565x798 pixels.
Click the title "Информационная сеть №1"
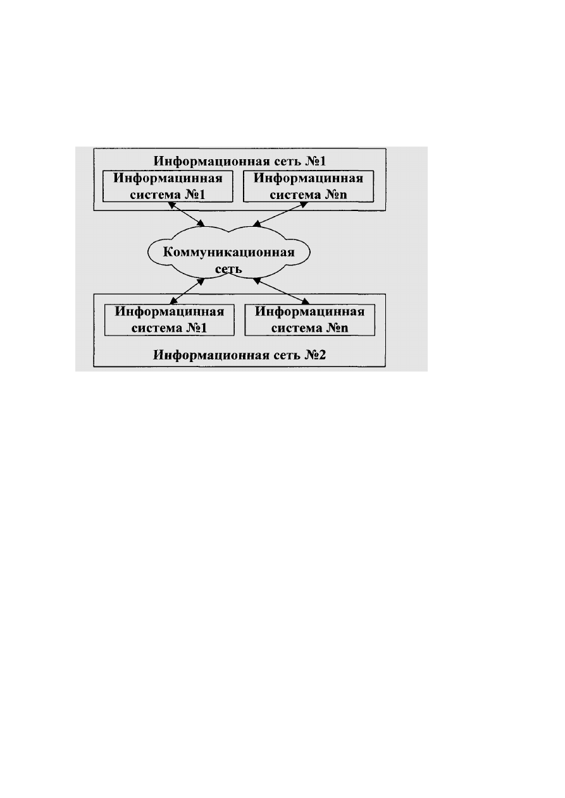(x=240, y=161)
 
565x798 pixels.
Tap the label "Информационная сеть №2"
(x=239, y=355)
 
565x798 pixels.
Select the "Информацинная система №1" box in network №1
(x=168, y=186)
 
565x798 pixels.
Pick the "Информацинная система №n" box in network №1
(x=308, y=186)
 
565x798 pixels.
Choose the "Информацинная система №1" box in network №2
(x=170, y=320)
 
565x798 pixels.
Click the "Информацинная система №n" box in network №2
(x=309, y=320)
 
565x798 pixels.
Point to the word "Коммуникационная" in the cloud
(x=229, y=252)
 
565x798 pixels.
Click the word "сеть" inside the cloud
(x=228, y=269)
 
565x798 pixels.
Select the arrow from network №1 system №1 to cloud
(x=186, y=214)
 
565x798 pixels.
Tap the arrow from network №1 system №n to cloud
(x=280, y=214)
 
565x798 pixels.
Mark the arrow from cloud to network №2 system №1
(x=187, y=291)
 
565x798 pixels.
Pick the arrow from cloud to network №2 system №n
(x=281, y=291)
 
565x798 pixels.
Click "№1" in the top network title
(x=316, y=161)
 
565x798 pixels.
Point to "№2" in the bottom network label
(x=315, y=355)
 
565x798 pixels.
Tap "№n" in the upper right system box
(x=337, y=195)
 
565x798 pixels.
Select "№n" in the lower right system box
(x=338, y=328)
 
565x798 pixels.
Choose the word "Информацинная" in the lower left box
(x=170, y=311)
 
